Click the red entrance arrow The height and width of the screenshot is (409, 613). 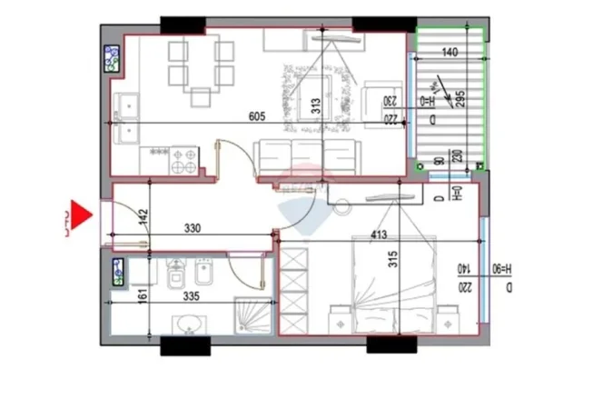click(83, 214)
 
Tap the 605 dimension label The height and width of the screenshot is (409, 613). click(258, 115)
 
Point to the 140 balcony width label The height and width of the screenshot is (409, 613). click(450, 53)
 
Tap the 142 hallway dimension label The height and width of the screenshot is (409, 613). click(143, 218)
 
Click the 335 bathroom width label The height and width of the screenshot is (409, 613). click(191, 296)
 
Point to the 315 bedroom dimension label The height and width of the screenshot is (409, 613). click(393, 258)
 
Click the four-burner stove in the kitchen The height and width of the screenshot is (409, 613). click(184, 161)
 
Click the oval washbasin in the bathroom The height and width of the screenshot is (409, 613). click(190, 324)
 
